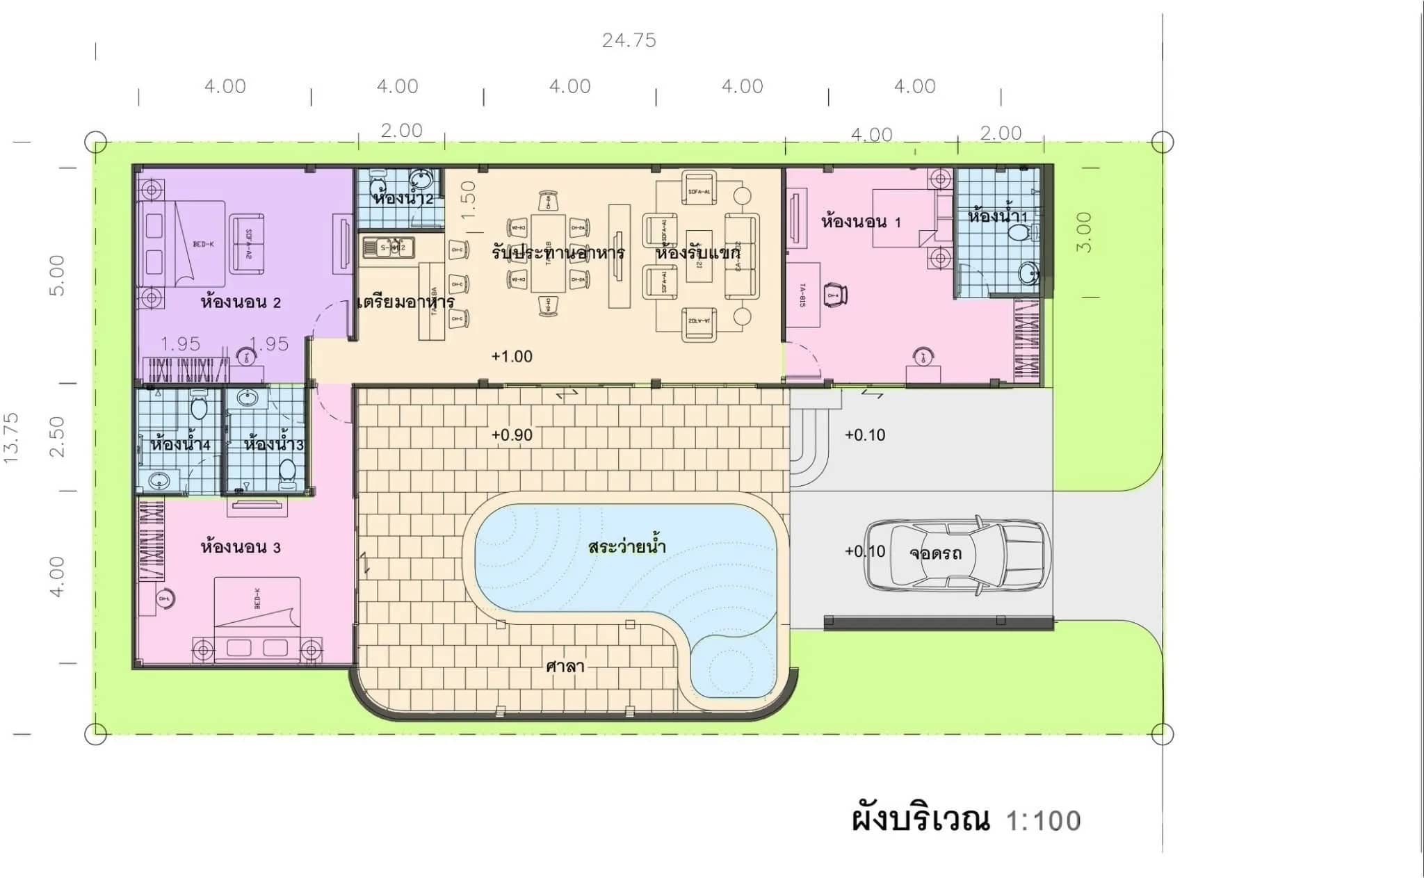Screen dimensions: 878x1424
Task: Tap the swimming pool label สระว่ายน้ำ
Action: point(626,546)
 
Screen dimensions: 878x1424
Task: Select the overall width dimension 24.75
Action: point(629,40)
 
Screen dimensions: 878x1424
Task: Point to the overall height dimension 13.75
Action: point(12,438)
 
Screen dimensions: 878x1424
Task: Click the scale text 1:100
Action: point(1043,821)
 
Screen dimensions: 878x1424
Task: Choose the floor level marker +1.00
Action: point(512,357)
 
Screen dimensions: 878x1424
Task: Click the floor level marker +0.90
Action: point(512,435)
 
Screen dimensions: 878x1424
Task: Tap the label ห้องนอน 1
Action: point(861,222)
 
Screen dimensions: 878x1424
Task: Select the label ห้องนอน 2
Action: point(241,302)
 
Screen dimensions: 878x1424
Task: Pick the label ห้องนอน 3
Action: point(241,548)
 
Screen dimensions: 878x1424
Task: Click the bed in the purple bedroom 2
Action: point(184,243)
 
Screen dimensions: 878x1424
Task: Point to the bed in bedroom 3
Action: point(257,619)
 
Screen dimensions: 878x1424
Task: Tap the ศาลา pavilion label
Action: point(565,667)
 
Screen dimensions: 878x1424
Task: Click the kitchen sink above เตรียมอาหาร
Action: point(388,247)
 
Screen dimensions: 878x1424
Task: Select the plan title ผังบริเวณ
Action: point(921,820)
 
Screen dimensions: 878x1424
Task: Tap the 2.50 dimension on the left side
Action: point(58,437)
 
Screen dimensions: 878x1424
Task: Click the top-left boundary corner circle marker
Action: point(96,143)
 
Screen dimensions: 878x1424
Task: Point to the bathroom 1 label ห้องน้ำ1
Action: point(996,216)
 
